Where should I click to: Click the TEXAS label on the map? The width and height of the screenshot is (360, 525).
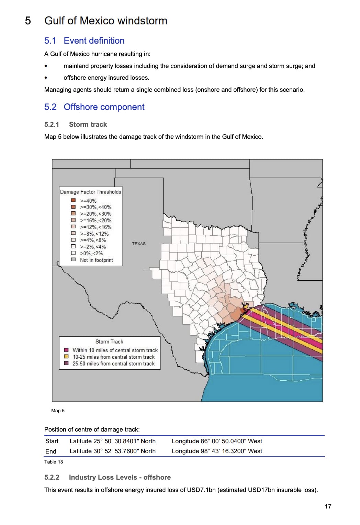coord(138,244)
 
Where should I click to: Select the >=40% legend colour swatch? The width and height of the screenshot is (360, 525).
coord(73,200)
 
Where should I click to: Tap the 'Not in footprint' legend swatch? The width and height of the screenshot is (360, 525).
coord(73,260)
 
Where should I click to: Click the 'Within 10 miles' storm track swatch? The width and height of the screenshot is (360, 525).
coord(66,350)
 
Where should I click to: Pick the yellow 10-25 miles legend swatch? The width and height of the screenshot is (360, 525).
coord(66,357)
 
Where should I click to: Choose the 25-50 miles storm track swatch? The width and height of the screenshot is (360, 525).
coord(66,363)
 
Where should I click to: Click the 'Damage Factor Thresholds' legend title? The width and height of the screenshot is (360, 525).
coord(91,192)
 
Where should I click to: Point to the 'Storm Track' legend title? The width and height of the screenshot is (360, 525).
coord(109,342)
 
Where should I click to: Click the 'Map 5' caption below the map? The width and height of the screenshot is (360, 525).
coord(58,411)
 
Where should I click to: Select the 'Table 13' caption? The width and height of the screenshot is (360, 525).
coord(54,462)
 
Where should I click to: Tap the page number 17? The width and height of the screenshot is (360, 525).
coord(328,506)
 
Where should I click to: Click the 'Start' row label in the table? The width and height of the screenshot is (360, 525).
coord(52,441)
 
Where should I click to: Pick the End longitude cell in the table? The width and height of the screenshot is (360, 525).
coord(217,451)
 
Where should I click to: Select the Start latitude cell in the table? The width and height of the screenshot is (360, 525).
coord(112,441)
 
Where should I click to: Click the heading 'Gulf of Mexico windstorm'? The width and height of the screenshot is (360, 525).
coord(106,21)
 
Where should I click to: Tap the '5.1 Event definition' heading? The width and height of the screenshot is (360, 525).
coord(85,41)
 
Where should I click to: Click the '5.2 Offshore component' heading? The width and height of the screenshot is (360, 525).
coord(94,107)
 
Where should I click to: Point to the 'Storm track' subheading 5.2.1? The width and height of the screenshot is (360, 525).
coord(88,124)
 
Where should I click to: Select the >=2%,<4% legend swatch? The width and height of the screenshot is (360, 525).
coord(73,246)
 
